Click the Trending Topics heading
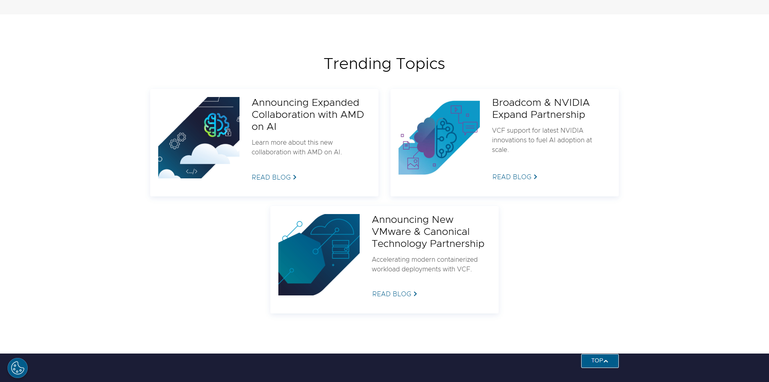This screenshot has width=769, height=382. click(x=384, y=64)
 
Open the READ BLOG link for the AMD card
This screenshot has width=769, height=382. click(x=274, y=177)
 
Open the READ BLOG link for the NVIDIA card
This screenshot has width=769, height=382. click(x=515, y=177)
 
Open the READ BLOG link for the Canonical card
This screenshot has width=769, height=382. click(x=395, y=294)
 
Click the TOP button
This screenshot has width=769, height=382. click(x=600, y=361)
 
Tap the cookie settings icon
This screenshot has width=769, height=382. click(x=18, y=368)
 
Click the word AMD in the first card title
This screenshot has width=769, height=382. click(x=352, y=115)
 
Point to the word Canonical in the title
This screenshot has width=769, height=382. click(x=446, y=232)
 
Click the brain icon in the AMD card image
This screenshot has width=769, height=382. click(x=216, y=125)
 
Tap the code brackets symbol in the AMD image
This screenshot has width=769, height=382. click(x=191, y=172)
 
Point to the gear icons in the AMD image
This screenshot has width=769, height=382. click(x=177, y=141)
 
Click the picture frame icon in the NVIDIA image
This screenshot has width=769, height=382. click(x=413, y=163)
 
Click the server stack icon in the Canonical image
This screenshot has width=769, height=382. click(x=340, y=249)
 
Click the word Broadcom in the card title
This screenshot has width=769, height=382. click(x=517, y=103)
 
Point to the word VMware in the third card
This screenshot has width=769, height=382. click(x=391, y=232)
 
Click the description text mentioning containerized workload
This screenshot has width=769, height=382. click(x=425, y=264)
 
